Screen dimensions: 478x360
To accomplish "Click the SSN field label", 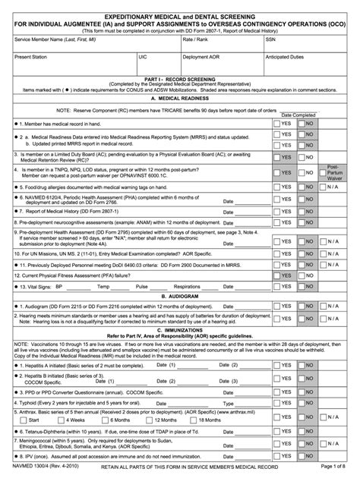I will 270,37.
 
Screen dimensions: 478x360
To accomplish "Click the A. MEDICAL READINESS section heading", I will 179,99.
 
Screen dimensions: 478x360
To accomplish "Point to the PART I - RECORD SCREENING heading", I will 179,77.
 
